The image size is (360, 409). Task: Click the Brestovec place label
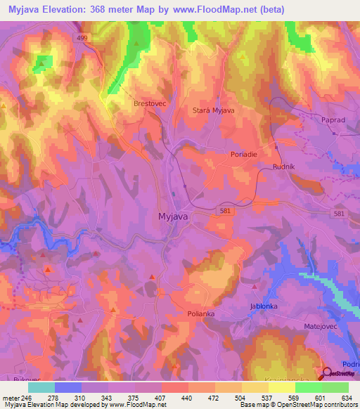tap(149, 103)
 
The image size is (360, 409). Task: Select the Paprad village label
tap(314, 120)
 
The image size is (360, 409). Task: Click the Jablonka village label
tap(265, 306)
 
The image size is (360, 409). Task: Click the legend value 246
tap(27, 396)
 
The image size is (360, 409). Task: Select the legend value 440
tap(186, 396)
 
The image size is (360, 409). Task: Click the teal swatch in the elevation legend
tap(41, 387)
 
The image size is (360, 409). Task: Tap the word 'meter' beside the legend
tap(11, 396)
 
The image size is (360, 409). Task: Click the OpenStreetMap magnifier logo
tap(326, 375)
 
